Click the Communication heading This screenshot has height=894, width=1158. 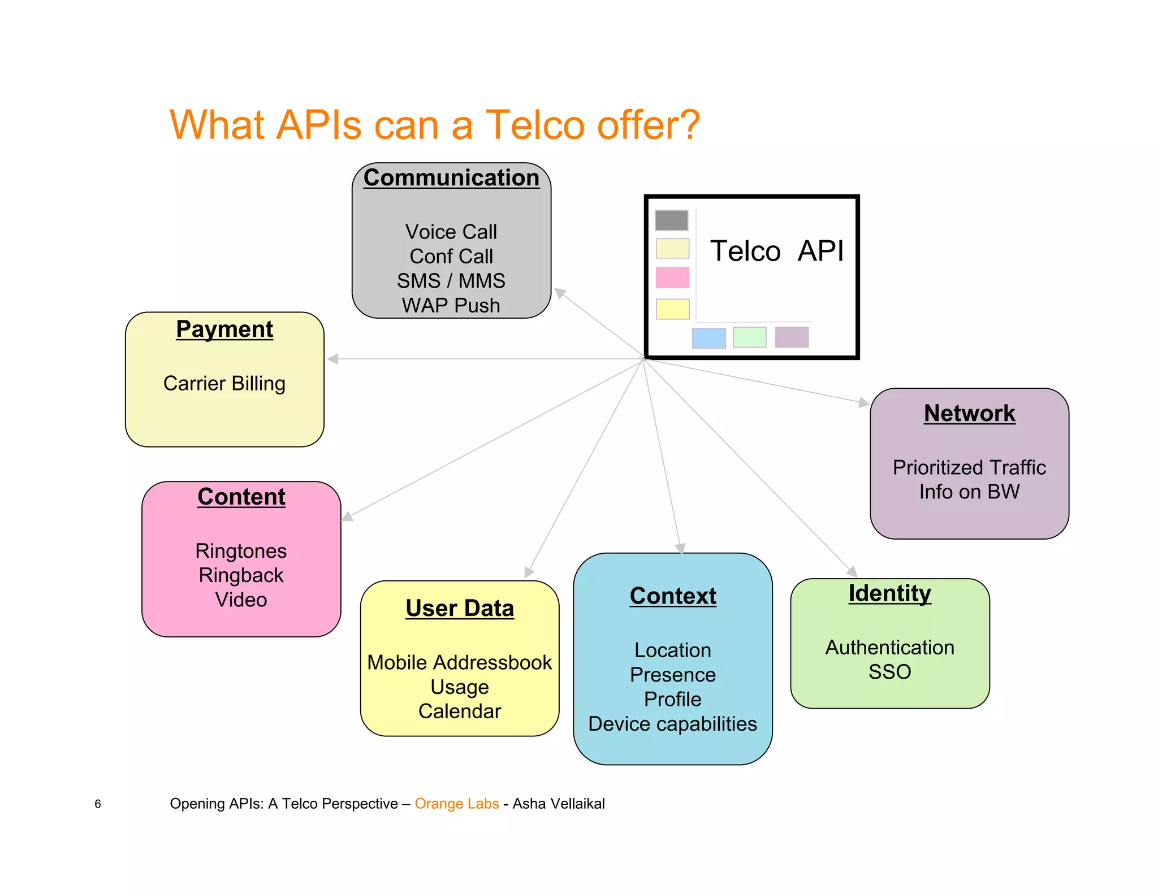point(451,177)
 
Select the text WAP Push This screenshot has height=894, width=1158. point(451,306)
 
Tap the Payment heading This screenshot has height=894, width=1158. point(224,329)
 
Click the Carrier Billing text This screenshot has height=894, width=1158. point(224,383)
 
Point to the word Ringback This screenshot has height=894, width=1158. point(241,575)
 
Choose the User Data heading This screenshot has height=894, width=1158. point(460,608)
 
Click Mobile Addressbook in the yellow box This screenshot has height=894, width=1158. point(460,662)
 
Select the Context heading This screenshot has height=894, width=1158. point(673,596)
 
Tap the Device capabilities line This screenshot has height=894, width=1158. point(672,724)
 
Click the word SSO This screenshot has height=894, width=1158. point(890,672)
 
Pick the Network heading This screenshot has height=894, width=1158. point(970,413)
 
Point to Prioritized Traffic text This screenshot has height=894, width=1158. point(969,467)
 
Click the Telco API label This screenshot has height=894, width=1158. point(776,251)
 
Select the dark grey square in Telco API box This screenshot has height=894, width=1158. point(672,220)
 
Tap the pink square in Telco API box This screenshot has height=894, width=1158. point(672,277)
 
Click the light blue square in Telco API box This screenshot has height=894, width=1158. point(708,338)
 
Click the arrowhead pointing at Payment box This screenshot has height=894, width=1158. point(333,359)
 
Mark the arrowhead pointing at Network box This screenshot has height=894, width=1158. point(863,402)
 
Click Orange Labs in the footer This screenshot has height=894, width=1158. point(457,804)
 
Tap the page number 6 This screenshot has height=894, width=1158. point(98,804)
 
